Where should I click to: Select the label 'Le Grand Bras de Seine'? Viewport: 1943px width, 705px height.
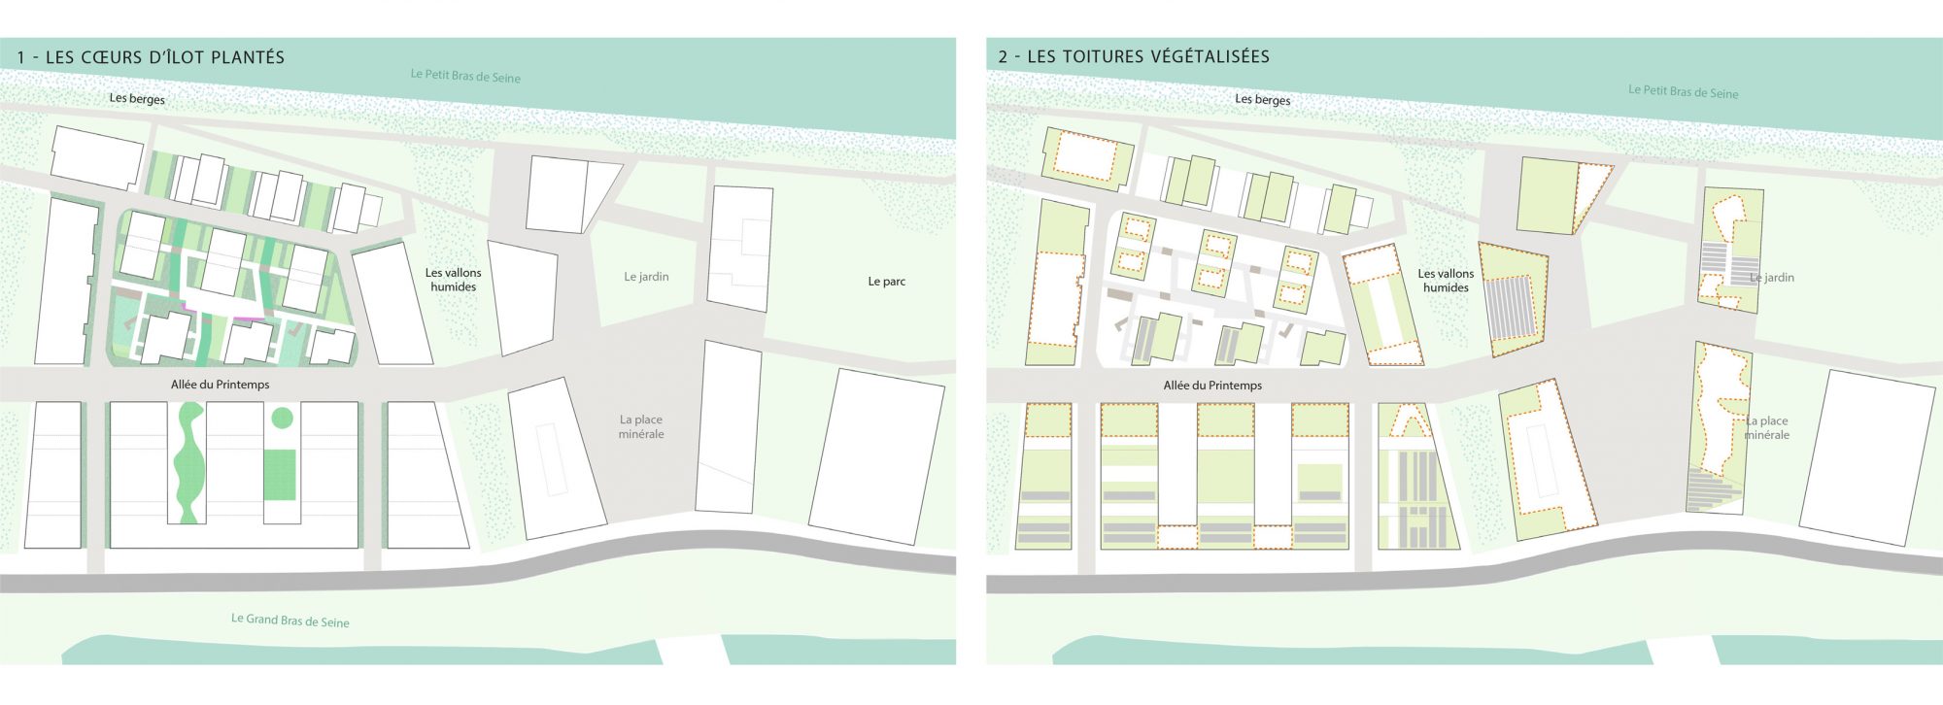pyautogui.click(x=290, y=620)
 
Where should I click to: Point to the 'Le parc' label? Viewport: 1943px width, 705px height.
pyautogui.click(x=886, y=282)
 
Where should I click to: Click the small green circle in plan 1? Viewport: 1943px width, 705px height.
pyautogui.click(x=282, y=419)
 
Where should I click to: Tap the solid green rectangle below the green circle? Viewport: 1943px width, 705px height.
pyautogui.click(x=280, y=475)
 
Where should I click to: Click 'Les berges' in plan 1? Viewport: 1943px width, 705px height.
pyautogui.click(x=137, y=98)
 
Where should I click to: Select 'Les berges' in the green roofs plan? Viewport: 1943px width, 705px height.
pyautogui.click(x=1262, y=99)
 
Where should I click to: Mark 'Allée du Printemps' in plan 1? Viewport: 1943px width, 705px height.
pyautogui.click(x=221, y=385)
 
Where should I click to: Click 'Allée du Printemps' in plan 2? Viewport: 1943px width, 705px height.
pyautogui.click(x=1212, y=386)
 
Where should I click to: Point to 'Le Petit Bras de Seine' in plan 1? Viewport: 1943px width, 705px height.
pyautogui.click(x=465, y=75)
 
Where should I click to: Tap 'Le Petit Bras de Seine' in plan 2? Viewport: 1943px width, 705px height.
pyautogui.click(x=1683, y=92)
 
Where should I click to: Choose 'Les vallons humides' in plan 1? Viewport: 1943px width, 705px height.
pyautogui.click(x=454, y=280)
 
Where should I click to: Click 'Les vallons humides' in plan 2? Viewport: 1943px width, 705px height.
pyautogui.click(x=1446, y=281)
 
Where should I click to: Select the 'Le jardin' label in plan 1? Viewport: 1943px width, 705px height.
pyautogui.click(x=646, y=277)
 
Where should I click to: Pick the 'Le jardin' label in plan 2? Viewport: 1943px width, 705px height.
pyautogui.click(x=1772, y=278)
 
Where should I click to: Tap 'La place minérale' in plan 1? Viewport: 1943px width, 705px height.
pyautogui.click(x=641, y=427)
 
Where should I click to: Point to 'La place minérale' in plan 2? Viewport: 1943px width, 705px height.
pyautogui.click(x=1767, y=428)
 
